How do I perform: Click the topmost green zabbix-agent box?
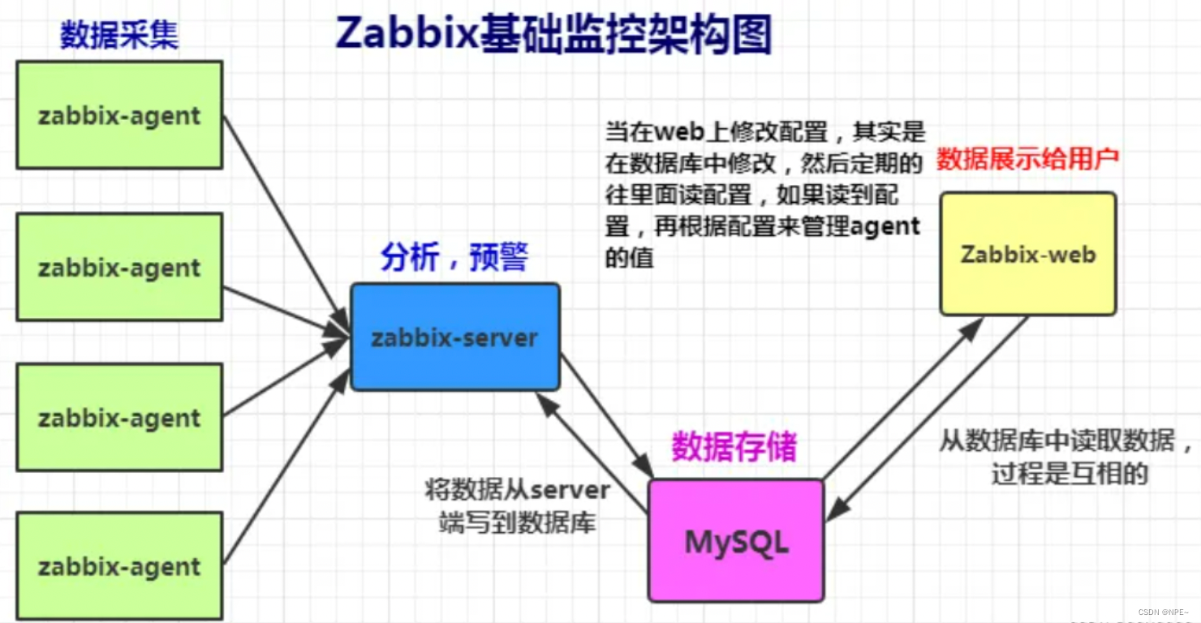pyautogui.click(x=119, y=115)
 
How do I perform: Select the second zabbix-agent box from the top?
pyautogui.click(x=119, y=267)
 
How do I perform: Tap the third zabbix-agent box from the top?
pyautogui.click(x=119, y=417)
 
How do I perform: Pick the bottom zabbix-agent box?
pyautogui.click(x=119, y=566)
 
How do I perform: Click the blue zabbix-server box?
pyautogui.click(x=454, y=337)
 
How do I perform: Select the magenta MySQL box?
pyautogui.click(x=736, y=540)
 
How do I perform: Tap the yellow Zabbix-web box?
pyautogui.click(x=1027, y=254)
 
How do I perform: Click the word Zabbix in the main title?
pyautogui.click(x=406, y=34)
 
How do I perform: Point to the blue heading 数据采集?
pyautogui.click(x=119, y=36)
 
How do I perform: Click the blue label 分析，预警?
pyautogui.click(x=454, y=258)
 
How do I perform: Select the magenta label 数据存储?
pyautogui.click(x=734, y=447)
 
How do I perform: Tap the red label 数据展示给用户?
pyautogui.click(x=1027, y=159)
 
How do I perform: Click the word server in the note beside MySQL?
pyautogui.click(x=570, y=490)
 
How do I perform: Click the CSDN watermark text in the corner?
pyautogui.click(x=1162, y=612)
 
